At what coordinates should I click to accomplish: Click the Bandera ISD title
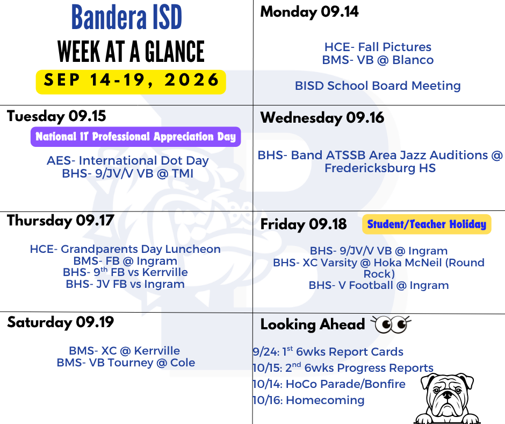pyautogui.click(x=127, y=17)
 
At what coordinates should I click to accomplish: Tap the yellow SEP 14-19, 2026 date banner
pyautogui.click(x=131, y=82)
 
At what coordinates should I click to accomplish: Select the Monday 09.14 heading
pyautogui.click(x=309, y=12)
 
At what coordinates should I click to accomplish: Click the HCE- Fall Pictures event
pyautogui.click(x=378, y=47)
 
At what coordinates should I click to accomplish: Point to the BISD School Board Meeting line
pyautogui.click(x=378, y=86)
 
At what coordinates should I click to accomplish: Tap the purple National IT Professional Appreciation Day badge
pyautogui.click(x=135, y=137)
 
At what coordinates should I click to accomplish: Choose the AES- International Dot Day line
pyautogui.click(x=128, y=160)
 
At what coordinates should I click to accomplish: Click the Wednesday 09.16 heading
pyautogui.click(x=322, y=118)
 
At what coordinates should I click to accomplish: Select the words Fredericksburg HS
pyautogui.click(x=380, y=168)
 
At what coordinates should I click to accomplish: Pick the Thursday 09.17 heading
pyautogui.click(x=61, y=221)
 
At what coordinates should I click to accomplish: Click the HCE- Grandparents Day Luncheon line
pyautogui.click(x=125, y=249)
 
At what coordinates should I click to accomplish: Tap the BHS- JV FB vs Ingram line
pyautogui.click(x=125, y=284)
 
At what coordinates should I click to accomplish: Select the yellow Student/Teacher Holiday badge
pyautogui.click(x=427, y=224)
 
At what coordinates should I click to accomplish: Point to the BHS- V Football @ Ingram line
pyautogui.click(x=379, y=285)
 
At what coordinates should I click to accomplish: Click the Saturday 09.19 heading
pyautogui.click(x=61, y=322)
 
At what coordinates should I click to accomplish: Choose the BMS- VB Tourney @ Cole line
pyautogui.click(x=126, y=363)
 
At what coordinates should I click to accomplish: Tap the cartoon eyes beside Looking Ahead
pyautogui.click(x=391, y=324)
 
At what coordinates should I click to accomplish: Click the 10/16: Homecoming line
pyautogui.click(x=308, y=400)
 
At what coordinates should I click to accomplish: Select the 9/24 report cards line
pyautogui.click(x=328, y=351)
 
